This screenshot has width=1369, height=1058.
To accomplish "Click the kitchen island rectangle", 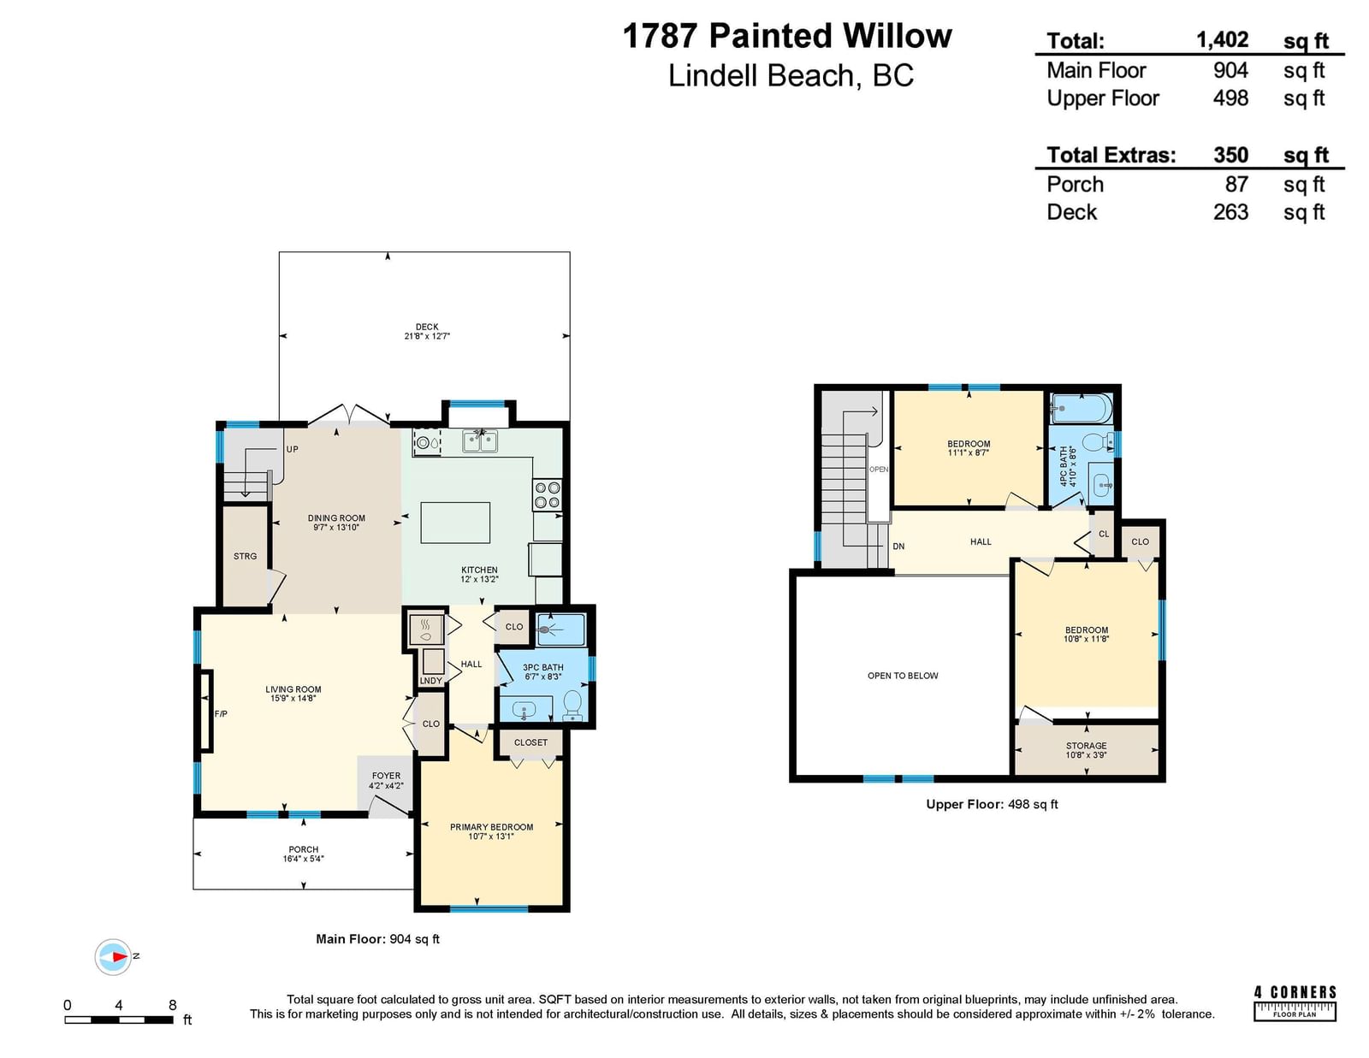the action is coord(455,522).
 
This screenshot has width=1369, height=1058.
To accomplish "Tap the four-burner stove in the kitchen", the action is coord(547,494).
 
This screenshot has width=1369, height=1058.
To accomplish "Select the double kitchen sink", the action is coord(480,440).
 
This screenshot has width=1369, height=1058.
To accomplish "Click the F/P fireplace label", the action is coord(221,713).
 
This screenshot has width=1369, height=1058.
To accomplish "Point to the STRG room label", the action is coord(245,556).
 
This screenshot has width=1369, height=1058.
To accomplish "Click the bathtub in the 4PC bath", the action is coord(1082,409).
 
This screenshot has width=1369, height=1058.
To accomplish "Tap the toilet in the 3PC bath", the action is coord(572,705).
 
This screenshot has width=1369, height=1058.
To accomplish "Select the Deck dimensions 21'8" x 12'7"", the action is coord(427,336).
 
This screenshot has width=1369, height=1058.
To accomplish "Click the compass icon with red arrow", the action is coord(114,956).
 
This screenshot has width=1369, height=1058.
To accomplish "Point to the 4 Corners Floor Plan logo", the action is coord(1295,1002).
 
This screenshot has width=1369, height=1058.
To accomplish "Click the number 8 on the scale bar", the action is coord(173,1004).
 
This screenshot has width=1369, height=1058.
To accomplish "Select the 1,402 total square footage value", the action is coord(1222,39).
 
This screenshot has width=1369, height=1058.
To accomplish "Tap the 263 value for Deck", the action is coord(1230,211).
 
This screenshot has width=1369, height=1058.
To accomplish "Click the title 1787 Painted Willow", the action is coord(787,35).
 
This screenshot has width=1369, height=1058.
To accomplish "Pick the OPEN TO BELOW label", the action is coord(903,676).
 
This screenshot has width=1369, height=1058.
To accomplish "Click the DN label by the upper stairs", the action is coord(898,546).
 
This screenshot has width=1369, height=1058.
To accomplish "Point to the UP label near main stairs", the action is coord(293,449).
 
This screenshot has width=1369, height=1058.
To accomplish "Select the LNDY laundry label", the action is coord(431,681).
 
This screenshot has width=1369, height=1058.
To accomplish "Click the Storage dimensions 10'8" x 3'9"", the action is coord(1086,754).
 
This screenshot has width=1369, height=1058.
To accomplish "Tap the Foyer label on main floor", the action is coord(386,776).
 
